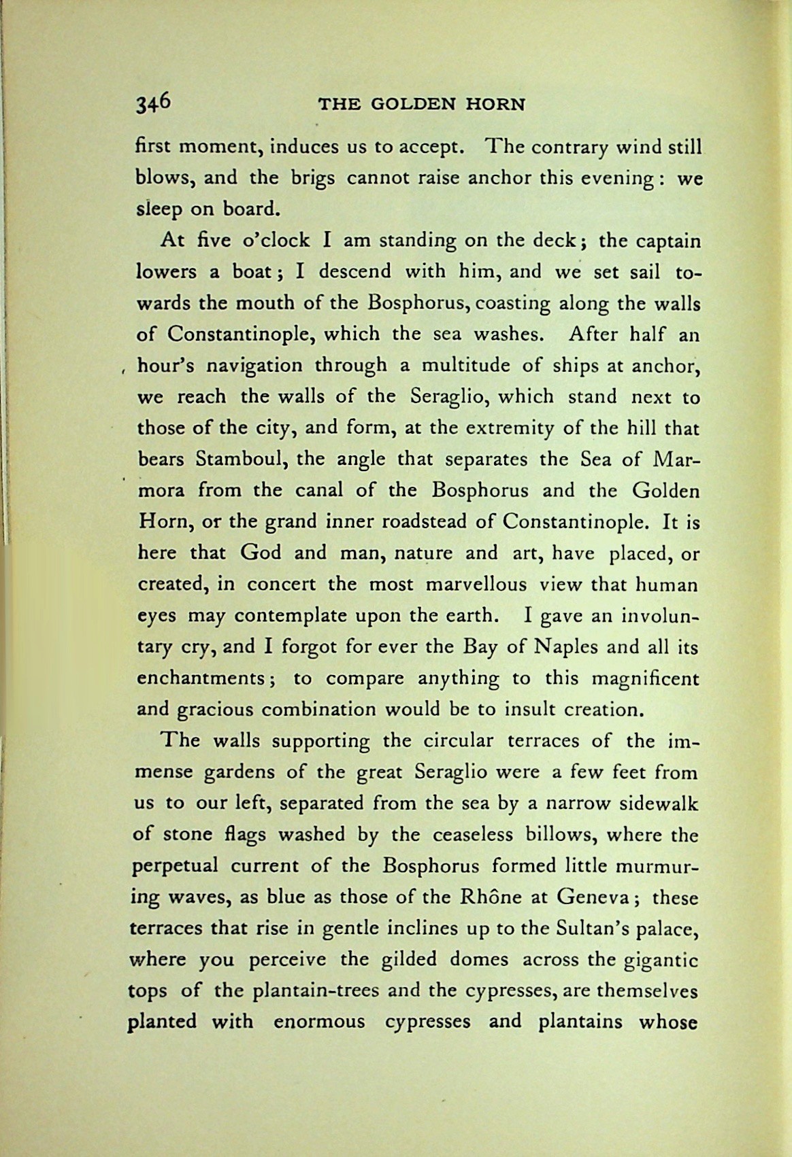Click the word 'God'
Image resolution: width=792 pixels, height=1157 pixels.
tap(261, 553)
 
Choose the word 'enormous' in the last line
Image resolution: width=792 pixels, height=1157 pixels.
tap(318, 1022)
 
